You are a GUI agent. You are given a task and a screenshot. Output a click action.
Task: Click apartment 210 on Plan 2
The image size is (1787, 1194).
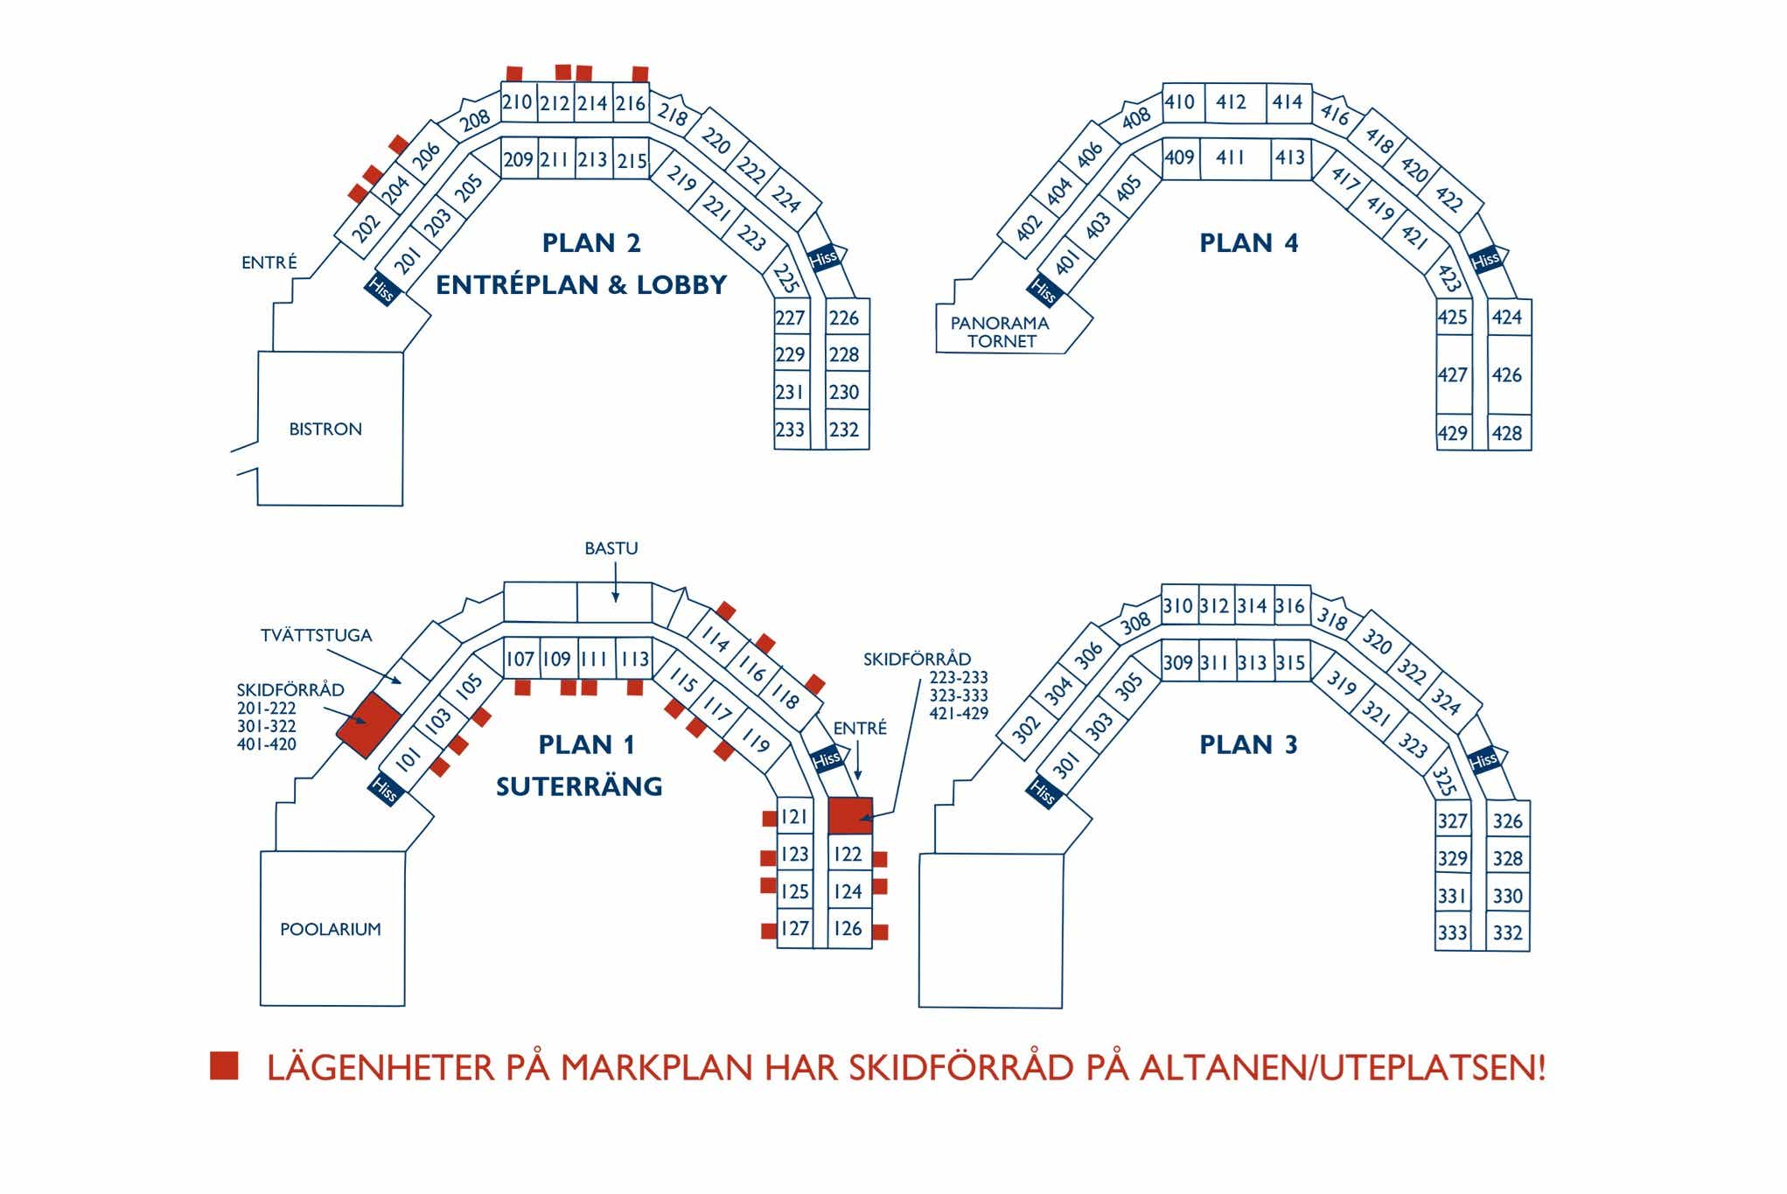tap(517, 102)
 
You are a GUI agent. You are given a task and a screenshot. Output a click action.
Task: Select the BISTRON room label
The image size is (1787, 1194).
tap(325, 429)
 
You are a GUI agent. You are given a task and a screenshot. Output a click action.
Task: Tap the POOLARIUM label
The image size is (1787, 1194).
tap(331, 929)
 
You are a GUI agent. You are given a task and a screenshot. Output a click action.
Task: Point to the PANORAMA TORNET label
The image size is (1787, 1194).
tap(1001, 332)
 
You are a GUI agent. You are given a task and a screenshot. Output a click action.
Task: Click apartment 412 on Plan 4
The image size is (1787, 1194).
tap(1231, 102)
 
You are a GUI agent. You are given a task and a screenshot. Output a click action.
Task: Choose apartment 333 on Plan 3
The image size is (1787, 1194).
tap(1452, 932)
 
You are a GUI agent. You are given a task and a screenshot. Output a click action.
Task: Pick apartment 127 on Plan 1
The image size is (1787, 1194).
tap(794, 928)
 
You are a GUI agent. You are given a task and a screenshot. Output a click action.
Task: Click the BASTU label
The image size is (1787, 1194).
tap(611, 548)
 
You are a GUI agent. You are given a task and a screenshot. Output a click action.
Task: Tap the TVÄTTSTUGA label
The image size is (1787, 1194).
tap(316, 636)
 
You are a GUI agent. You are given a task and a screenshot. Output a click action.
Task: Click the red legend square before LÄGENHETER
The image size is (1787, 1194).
tap(224, 1065)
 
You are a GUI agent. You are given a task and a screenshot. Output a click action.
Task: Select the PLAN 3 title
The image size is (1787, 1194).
tap(1248, 744)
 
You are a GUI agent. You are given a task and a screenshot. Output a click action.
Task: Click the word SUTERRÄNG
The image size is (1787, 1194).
tap(579, 786)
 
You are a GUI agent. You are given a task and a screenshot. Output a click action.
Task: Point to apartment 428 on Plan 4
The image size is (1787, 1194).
tap(1507, 433)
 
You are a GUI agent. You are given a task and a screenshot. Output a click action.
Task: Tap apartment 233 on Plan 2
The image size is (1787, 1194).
tap(790, 429)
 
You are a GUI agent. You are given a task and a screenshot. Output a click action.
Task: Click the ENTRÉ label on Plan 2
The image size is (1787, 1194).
tap(269, 262)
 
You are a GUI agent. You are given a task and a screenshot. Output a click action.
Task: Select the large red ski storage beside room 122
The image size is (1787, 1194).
tap(849, 815)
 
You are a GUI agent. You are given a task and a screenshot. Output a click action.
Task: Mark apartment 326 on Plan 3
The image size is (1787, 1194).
tap(1507, 821)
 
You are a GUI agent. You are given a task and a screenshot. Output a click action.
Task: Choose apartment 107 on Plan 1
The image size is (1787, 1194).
tap(520, 659)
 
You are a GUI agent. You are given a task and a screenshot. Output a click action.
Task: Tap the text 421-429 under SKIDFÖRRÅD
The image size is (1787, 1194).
tap(959, 714)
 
